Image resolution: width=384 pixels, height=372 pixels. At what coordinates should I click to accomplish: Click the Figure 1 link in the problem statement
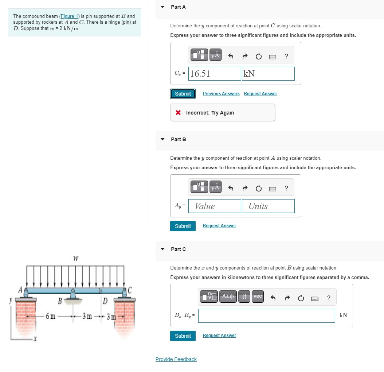pos(69,16)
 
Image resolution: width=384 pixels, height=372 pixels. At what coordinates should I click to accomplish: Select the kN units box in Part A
pos(268,74)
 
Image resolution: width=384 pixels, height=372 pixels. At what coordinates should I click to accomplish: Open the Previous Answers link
pos(221,94)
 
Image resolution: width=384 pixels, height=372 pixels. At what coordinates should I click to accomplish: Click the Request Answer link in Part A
pos(260,94)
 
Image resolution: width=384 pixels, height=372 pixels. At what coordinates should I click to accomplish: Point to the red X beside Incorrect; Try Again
pos(178,113)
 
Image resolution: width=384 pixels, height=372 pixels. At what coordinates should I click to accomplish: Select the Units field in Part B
pos(268,206)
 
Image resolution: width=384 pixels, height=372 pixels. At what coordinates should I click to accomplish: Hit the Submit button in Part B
pos(183,226)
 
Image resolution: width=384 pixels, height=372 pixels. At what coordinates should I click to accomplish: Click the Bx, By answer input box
pos(266,316)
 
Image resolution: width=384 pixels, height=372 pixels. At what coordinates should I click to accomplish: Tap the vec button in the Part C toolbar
pos(258,297)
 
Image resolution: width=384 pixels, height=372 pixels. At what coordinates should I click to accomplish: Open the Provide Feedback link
pos(176,359)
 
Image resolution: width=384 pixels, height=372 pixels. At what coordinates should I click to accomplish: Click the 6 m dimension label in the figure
pos(51,315)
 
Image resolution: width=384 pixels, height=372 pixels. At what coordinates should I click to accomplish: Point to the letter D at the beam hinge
pos(105,301)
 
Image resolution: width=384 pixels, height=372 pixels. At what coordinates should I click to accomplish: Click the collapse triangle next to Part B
pos(162,139)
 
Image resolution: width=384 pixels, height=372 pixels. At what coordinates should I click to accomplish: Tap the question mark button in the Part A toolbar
pos(286,56)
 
